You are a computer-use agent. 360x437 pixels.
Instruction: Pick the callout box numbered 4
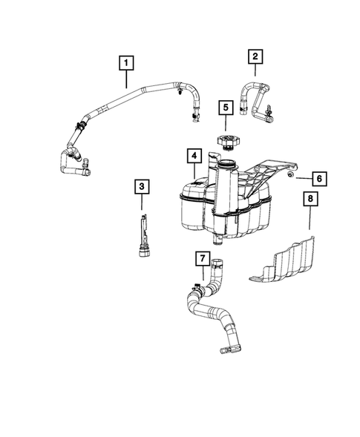193,157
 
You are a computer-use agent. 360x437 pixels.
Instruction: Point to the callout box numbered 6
318,179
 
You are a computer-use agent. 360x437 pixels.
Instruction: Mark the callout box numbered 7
200,259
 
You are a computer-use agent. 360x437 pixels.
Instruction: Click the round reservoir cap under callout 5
225,139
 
